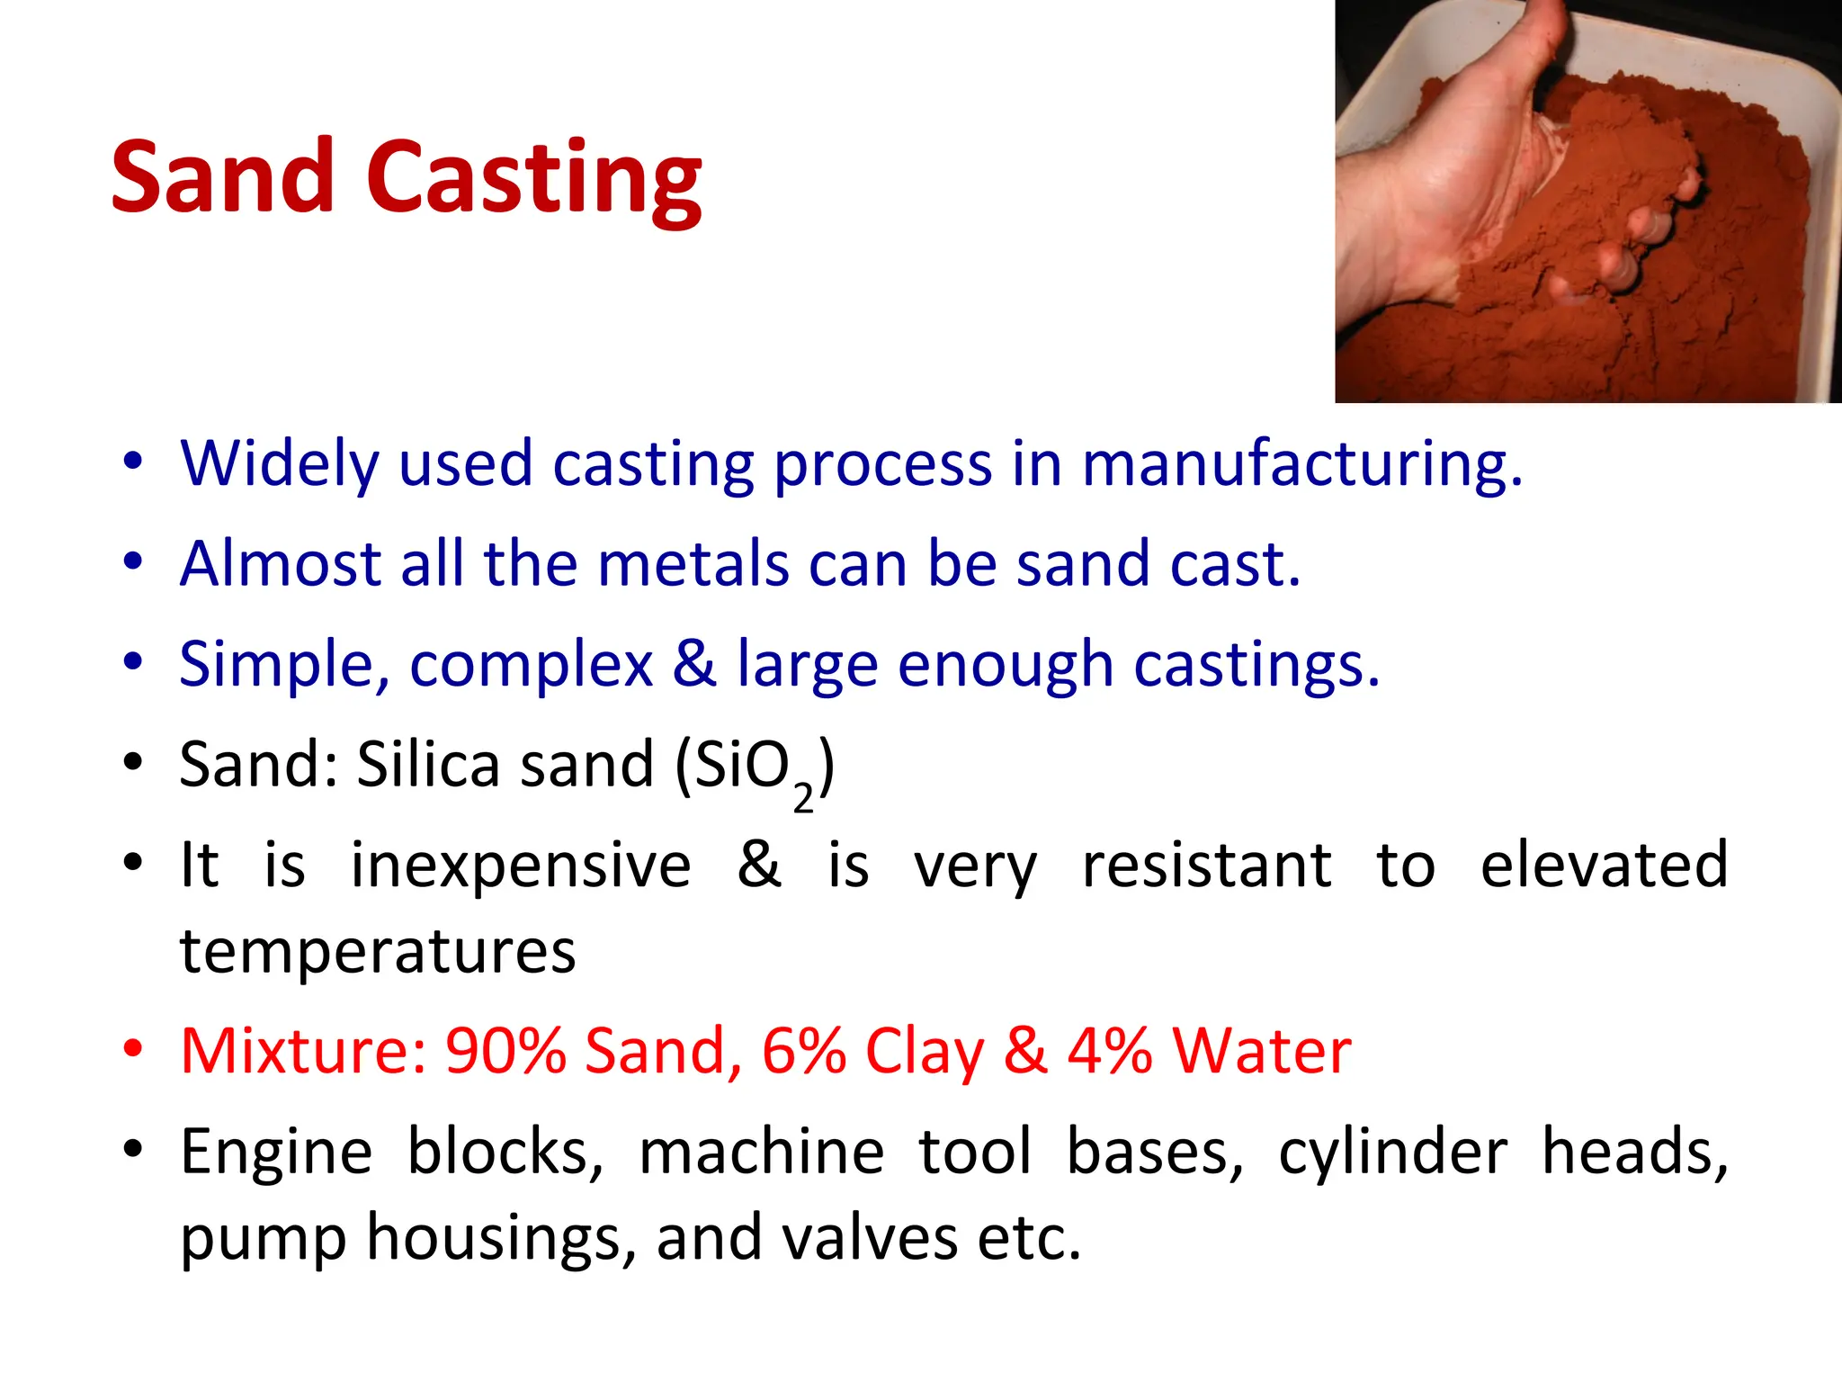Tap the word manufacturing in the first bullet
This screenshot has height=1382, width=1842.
[x=1301, y=464]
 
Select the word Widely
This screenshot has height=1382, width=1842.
[x=280, y=464]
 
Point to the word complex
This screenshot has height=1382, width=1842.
[x=531, y=665]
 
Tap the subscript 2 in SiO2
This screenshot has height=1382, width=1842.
[x=802, y=798]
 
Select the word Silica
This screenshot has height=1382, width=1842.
[x=428, y=765]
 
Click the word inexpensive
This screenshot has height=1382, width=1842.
[x=521, y=866]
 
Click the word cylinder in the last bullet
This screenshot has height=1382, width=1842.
[x=1392, y=1153]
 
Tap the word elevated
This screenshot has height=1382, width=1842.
[x=1604, y=866]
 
